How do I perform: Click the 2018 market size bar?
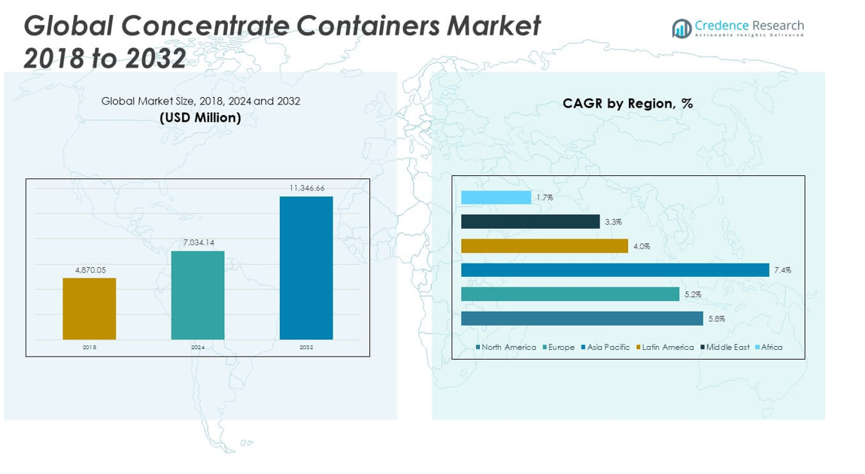(x=90, y=308)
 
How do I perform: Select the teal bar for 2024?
(x=198, y=295)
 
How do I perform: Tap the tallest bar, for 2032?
(x=306, y=268)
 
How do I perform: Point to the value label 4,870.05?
(x=90, y=270)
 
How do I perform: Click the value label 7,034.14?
(x=198, y=242)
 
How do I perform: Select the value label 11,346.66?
(x=307, y=188)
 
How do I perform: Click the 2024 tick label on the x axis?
(x=198, y=348)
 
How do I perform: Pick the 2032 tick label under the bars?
(x=306, y=348)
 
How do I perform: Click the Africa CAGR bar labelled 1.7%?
(x=496, y=197)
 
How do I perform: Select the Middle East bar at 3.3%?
(x=530, y=222)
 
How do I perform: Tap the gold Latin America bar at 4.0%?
(x=544, y=246)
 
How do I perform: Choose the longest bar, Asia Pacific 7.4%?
(x=615, y=270)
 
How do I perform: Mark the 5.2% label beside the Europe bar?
(x=693, y=295)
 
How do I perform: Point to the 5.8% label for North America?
(x=717, y=319)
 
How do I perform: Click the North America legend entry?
(x=506, y=348)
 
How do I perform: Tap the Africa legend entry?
(x=769, y=348)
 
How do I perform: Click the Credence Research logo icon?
(x=681, y=29)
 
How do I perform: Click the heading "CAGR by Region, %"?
(x=628, y=104)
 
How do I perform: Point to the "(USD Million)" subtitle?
(x=200, y=117)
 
